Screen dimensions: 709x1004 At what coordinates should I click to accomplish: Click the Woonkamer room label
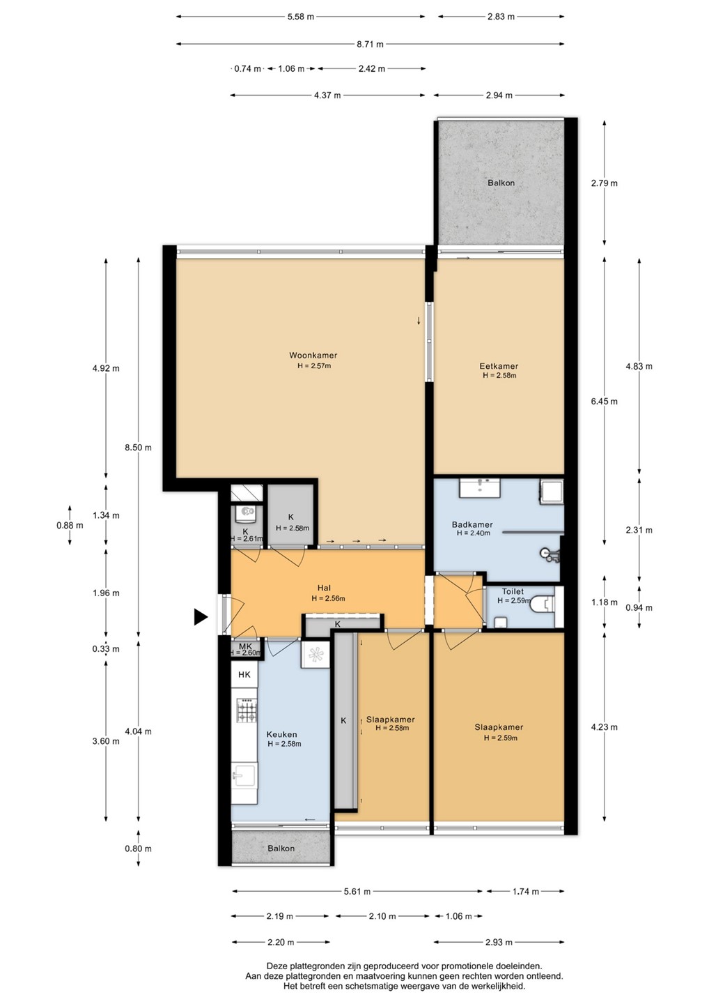(313, 356)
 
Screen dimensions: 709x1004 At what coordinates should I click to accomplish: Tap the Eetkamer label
(499, 366)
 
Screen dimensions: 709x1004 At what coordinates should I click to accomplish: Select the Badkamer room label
(472, 524)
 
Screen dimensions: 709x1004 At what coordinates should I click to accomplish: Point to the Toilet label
(513, 591)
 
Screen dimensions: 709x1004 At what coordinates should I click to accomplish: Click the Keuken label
(281, 734)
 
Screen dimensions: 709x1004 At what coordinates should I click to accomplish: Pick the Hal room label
(324, 588)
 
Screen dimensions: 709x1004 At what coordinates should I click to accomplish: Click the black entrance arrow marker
(201, 617)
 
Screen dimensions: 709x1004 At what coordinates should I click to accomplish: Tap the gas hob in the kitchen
(247, 711)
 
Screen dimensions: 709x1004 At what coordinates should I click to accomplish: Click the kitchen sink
(244, 775)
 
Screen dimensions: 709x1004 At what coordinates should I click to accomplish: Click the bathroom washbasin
(480, 487)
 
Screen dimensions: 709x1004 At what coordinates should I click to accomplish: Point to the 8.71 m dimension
(370, 44)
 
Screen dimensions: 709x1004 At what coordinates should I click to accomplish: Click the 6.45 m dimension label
(605, 401)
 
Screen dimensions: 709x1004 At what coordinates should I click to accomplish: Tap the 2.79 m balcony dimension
(605, 183)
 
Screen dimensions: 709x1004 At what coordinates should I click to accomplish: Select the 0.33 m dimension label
(106, 648)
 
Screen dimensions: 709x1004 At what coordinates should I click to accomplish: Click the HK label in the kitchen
(244, 675)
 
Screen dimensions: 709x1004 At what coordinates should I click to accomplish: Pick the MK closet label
(245, 646)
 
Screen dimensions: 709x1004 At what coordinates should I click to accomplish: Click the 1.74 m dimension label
(526, 891)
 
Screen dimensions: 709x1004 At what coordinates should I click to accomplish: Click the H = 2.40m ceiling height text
(473, 533)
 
